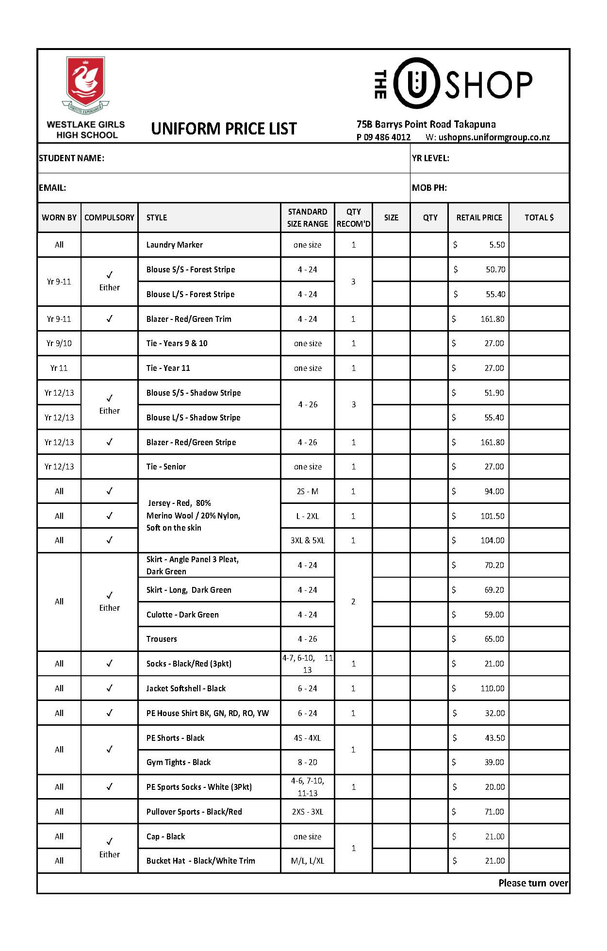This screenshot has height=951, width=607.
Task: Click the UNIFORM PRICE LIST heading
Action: click(224, 129)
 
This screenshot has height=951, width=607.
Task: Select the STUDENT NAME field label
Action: click(71, 158)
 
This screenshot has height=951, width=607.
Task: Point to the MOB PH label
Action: click(429, 188)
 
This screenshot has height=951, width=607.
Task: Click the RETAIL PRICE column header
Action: click(479, 217)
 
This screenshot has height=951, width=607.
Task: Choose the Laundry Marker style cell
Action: click(175, 245)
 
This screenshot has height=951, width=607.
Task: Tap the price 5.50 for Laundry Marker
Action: click(497, 245)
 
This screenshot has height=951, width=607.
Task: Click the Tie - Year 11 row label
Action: click(168, 368)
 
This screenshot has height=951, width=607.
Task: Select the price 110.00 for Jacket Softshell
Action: click(492, 688)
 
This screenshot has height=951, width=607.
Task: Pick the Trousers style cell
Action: click(162, 639)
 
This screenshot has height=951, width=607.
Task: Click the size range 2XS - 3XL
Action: click(308, 812)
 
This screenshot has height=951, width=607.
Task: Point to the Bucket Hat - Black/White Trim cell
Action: click(200, 861)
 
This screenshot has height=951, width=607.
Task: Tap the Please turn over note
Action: click(533, 883)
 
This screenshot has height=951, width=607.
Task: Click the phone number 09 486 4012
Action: click(387, 137)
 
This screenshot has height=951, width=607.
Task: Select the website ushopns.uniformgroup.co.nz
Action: click(494, 137)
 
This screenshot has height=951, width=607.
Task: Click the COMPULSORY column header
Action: click(109, 217)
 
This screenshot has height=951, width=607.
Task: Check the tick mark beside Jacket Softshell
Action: click(110, 688)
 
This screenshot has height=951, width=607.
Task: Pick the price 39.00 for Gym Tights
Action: click(494, 762)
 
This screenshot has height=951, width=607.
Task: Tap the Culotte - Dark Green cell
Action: click(182, 615)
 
